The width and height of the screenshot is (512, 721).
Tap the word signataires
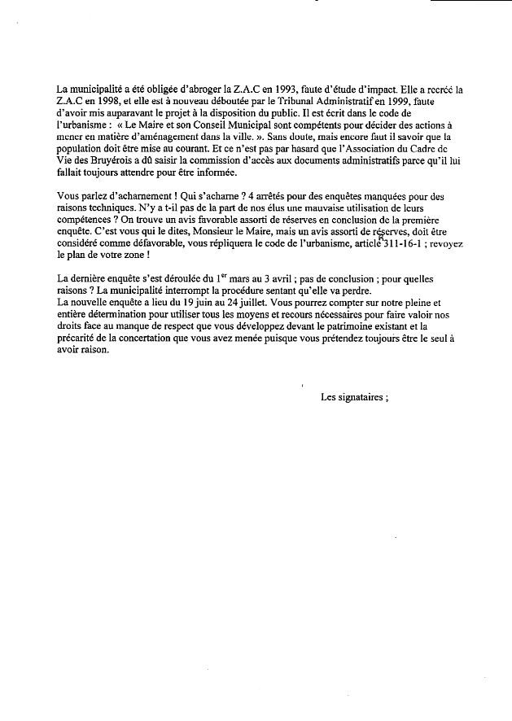coord(362,397)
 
